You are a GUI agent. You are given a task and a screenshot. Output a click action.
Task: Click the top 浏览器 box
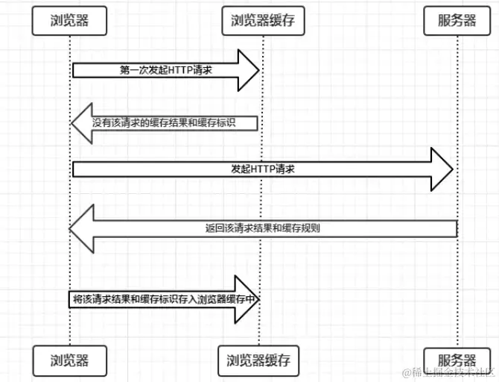click(70, 21)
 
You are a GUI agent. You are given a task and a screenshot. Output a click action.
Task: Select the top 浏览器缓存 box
click(258, 21)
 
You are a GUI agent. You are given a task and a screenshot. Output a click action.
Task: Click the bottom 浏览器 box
click(70, 360)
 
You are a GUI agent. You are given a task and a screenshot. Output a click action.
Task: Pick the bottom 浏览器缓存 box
click(258, 360)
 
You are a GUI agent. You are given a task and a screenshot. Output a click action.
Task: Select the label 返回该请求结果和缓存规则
click(262, 228)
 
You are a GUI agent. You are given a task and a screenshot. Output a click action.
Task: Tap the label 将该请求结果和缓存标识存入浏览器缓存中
click(163, 298)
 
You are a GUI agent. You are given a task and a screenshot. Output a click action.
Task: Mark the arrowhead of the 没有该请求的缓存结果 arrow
click(80, 122)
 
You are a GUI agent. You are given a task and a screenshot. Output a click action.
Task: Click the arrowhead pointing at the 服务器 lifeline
click(444, 169)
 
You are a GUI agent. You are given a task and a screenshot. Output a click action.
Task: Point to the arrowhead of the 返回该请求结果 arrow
click(81, 228)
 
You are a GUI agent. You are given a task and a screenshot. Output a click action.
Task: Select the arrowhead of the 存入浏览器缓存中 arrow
click(249, 298)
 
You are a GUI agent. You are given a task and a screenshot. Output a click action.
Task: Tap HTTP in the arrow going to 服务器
click(264, 169)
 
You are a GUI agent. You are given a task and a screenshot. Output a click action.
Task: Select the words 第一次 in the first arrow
click(131, 70)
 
